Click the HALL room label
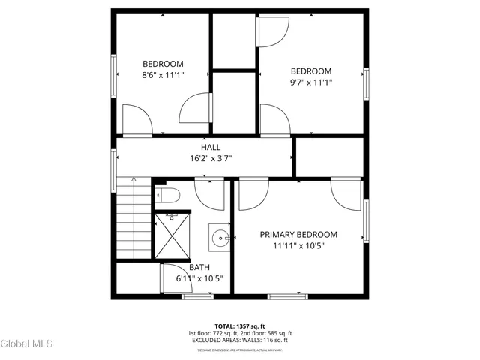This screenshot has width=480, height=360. coord(210,147)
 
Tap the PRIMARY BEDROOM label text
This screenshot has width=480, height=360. coord(298,234)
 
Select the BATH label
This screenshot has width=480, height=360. coord(199,267)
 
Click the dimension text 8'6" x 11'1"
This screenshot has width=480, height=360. coord(163,75)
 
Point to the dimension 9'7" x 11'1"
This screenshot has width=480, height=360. coord(311,82)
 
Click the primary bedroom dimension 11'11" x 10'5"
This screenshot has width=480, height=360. coord(298,245)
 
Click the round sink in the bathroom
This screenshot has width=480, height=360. coord(220,238)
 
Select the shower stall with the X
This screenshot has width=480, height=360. coord(172,235)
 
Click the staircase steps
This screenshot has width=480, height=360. coord(133,225)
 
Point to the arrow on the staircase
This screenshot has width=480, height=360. coord(133,182)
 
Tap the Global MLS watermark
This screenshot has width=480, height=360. coord(27,343)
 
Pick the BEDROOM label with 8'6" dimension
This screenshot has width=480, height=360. coord(163,64)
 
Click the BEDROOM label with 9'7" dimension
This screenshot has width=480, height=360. coord(311,71)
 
